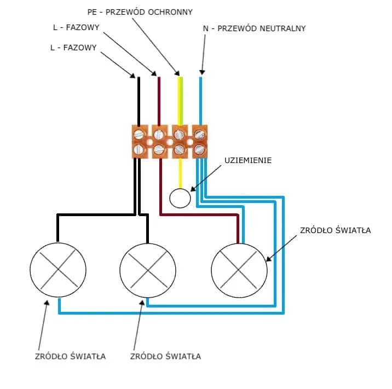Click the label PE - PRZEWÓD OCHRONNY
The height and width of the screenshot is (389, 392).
tap(140, 11)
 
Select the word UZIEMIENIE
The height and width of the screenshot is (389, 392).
tap(248, 160)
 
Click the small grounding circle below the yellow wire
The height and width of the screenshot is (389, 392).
tap(180, 197)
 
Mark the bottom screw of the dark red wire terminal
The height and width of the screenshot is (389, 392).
tap(159, 149)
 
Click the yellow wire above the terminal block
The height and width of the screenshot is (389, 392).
tap(179, 101)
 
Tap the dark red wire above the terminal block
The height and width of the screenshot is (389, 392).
tap(159, 101)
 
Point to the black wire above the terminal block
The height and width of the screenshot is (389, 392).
tap(139, 101)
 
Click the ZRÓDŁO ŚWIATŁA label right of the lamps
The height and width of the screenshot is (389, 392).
tap(336, 230)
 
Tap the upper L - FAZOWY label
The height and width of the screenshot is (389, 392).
tap(73, 27)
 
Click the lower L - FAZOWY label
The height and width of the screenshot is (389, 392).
tap(73, 48)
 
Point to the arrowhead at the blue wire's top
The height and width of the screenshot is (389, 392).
tap(201, 72)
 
